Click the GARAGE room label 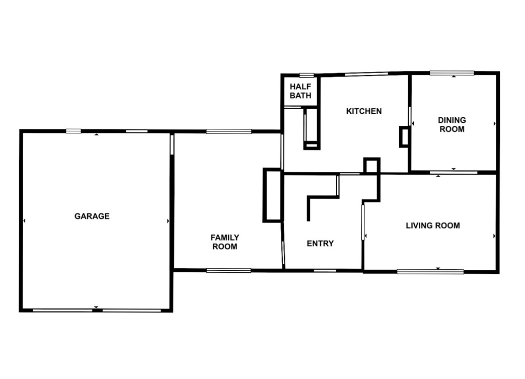click(92, 216)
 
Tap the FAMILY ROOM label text click(224, 242)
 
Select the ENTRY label click(320, 244)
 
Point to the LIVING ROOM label click(433, 225)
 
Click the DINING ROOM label click(452, 125)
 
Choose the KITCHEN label click(364, 111)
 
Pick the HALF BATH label click(301, 91)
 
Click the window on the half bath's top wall click(307, 75)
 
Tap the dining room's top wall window click(452, 73)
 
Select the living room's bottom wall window click(430, 272)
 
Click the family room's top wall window click(229, 132)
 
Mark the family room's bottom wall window click(229, 270)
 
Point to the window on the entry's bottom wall click(325, 270)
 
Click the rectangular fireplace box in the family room click(272, 195)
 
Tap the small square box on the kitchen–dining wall click(404, 137)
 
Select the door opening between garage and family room click(172, 144)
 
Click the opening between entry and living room click(362, 222)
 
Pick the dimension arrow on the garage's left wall click(24, 221)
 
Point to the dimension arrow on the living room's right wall click(494, 236)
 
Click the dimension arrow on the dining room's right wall click(494, 123)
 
